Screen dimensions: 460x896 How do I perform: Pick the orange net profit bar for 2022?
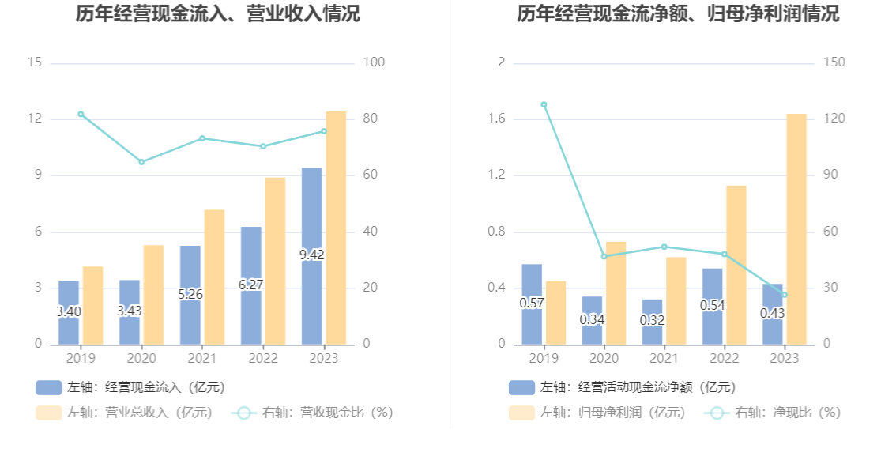tap(736, 265)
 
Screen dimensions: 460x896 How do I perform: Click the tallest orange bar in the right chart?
tap(796, 229)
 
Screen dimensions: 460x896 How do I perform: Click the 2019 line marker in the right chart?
tap(544, 104)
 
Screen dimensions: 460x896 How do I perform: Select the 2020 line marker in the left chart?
tap(141, 162)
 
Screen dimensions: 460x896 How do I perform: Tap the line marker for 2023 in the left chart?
tap(324, 131)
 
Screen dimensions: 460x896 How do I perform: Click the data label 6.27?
tap(251, 285)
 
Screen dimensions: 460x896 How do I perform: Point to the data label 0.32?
tap(653, 320)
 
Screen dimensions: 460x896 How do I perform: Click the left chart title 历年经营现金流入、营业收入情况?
tap(218, 13)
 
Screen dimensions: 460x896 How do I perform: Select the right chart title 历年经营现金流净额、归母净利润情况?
tap(678, 13)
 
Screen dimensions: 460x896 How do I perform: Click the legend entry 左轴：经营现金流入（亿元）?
tap(131, 387)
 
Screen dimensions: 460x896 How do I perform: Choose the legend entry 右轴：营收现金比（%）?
tap(312, 413)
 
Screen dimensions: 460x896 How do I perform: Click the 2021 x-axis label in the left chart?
tap(201, 358)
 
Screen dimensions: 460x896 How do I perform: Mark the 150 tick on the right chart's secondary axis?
tap(834, 62)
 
